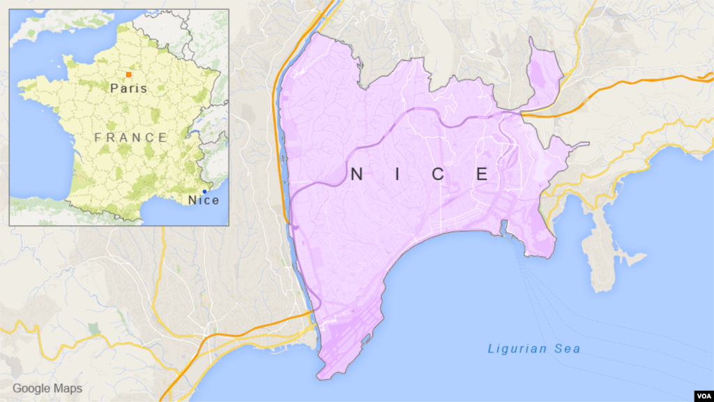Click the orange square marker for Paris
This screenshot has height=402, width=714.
(x=128, y=74)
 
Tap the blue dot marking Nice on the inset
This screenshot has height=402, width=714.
(x=204, y=191)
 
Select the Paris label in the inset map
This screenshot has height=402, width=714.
(x=129, y=88)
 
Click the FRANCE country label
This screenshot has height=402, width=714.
(x=131, y=137)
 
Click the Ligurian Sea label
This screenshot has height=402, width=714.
(x=533, y=349)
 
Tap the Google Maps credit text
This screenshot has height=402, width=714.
(x=47, y=389)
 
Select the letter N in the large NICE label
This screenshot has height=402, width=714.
(x=356, y=174)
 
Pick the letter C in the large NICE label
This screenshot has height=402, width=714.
(x=438, y=174)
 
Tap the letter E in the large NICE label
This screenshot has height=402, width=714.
(x=482, y=174)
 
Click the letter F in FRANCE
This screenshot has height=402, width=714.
(x=98, y=137)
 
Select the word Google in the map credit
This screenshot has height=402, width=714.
(x=31, y=389)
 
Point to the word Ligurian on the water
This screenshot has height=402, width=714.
(x=519, y=349)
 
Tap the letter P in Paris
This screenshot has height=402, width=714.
(x=114, y=88)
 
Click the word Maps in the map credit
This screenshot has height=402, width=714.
(x=67, y=389)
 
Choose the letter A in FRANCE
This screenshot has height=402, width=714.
(x=124, y=137)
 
